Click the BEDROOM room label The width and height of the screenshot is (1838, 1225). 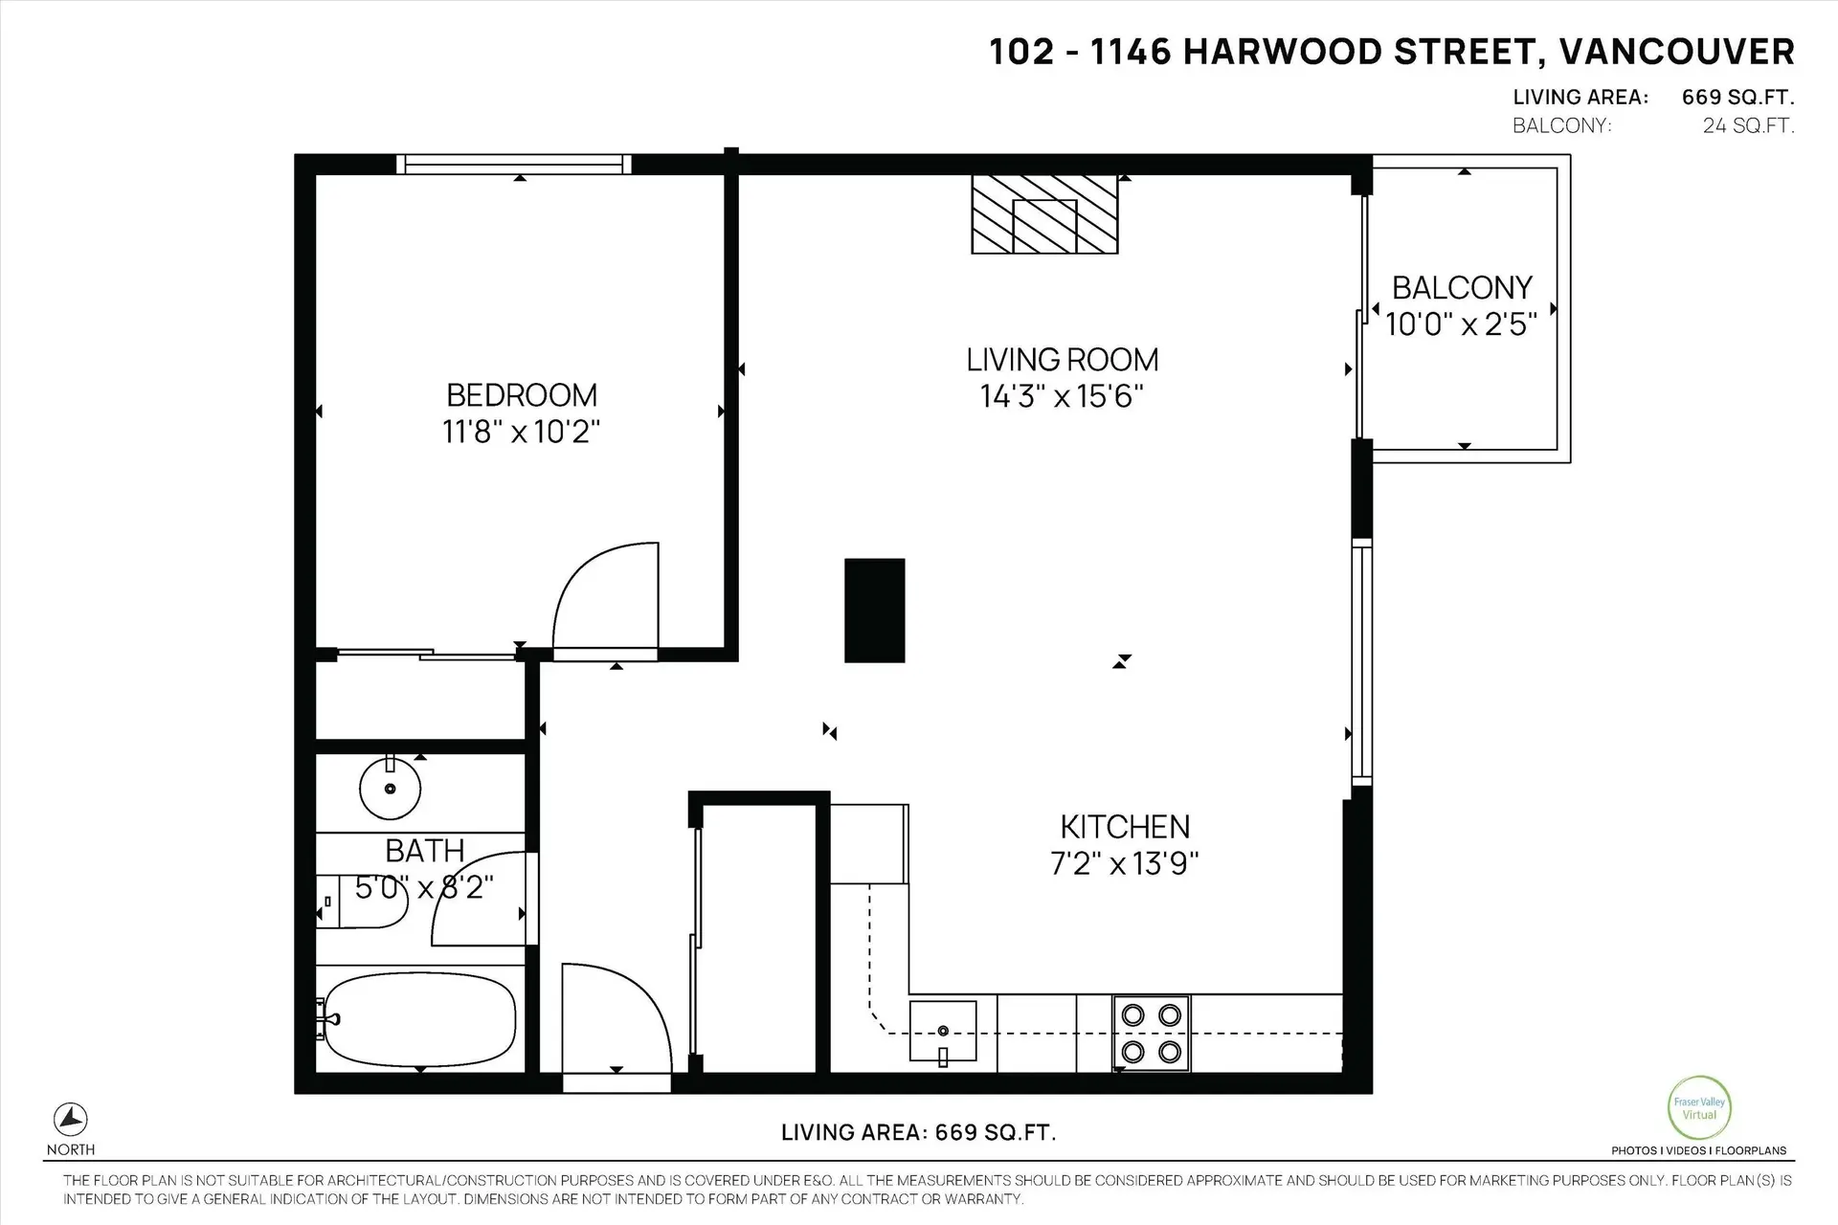click(522, 395)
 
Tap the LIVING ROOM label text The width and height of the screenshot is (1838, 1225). click(1062, 360)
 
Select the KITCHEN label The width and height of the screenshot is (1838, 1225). click(1125, 827)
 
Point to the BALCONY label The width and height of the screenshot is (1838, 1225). click(1462, 288)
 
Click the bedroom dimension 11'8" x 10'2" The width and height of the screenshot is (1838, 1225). click(522, 432)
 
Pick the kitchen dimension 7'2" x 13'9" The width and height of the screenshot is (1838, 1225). click(1125, 864)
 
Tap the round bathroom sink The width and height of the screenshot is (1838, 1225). click(391, 789)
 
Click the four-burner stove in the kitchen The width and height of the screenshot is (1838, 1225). click(1151, 1033)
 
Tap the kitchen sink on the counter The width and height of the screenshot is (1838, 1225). click(943, 1032)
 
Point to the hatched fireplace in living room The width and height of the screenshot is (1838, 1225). click(1044, 214)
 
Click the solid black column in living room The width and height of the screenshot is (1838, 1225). click(874, 611)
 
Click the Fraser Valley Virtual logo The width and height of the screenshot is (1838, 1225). click(1699, 1108)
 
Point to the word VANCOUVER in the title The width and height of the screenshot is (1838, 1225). click(1676, 52)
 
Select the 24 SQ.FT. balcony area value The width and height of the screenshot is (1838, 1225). click(1748, 125)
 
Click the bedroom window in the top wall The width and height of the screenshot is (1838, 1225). click(514, 165)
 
